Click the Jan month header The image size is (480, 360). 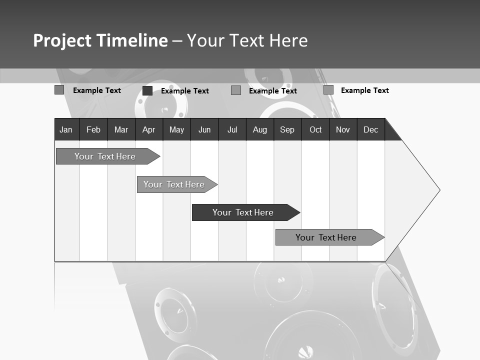[x=66, y=130]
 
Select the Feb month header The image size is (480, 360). [x=93, y=130]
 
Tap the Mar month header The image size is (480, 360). [x=121, y=130]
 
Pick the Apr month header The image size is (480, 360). [x=148, y=130]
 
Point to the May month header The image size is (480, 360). [x=176, y=130]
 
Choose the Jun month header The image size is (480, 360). [x=204, y=130]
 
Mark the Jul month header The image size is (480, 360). [x=232, y=130]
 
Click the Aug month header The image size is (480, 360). [x=260, y=130]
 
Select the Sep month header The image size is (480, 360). [x=287, y=130]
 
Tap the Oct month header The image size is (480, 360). [x=315, y=130]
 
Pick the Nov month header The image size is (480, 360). [x=343, y=130]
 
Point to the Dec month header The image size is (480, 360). [x=371, y=130]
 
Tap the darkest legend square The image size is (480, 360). [x=147, y=90]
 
